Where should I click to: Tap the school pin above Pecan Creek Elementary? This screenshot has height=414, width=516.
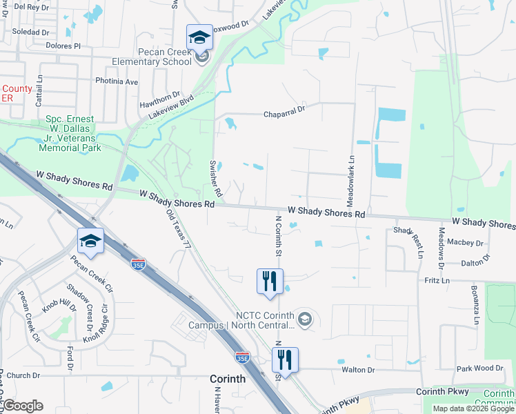(199, 37)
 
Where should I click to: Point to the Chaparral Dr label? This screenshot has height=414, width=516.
(284, 114)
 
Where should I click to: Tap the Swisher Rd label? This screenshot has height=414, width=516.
(213, 179)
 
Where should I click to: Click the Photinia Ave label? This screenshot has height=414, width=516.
(117, 81)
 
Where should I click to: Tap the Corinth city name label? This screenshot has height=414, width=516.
(228, 379)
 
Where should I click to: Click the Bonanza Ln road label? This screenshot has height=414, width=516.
(475, 304)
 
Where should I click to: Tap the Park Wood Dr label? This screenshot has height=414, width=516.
(482, 369)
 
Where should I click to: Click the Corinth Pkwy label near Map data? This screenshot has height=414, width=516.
(442, 391)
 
